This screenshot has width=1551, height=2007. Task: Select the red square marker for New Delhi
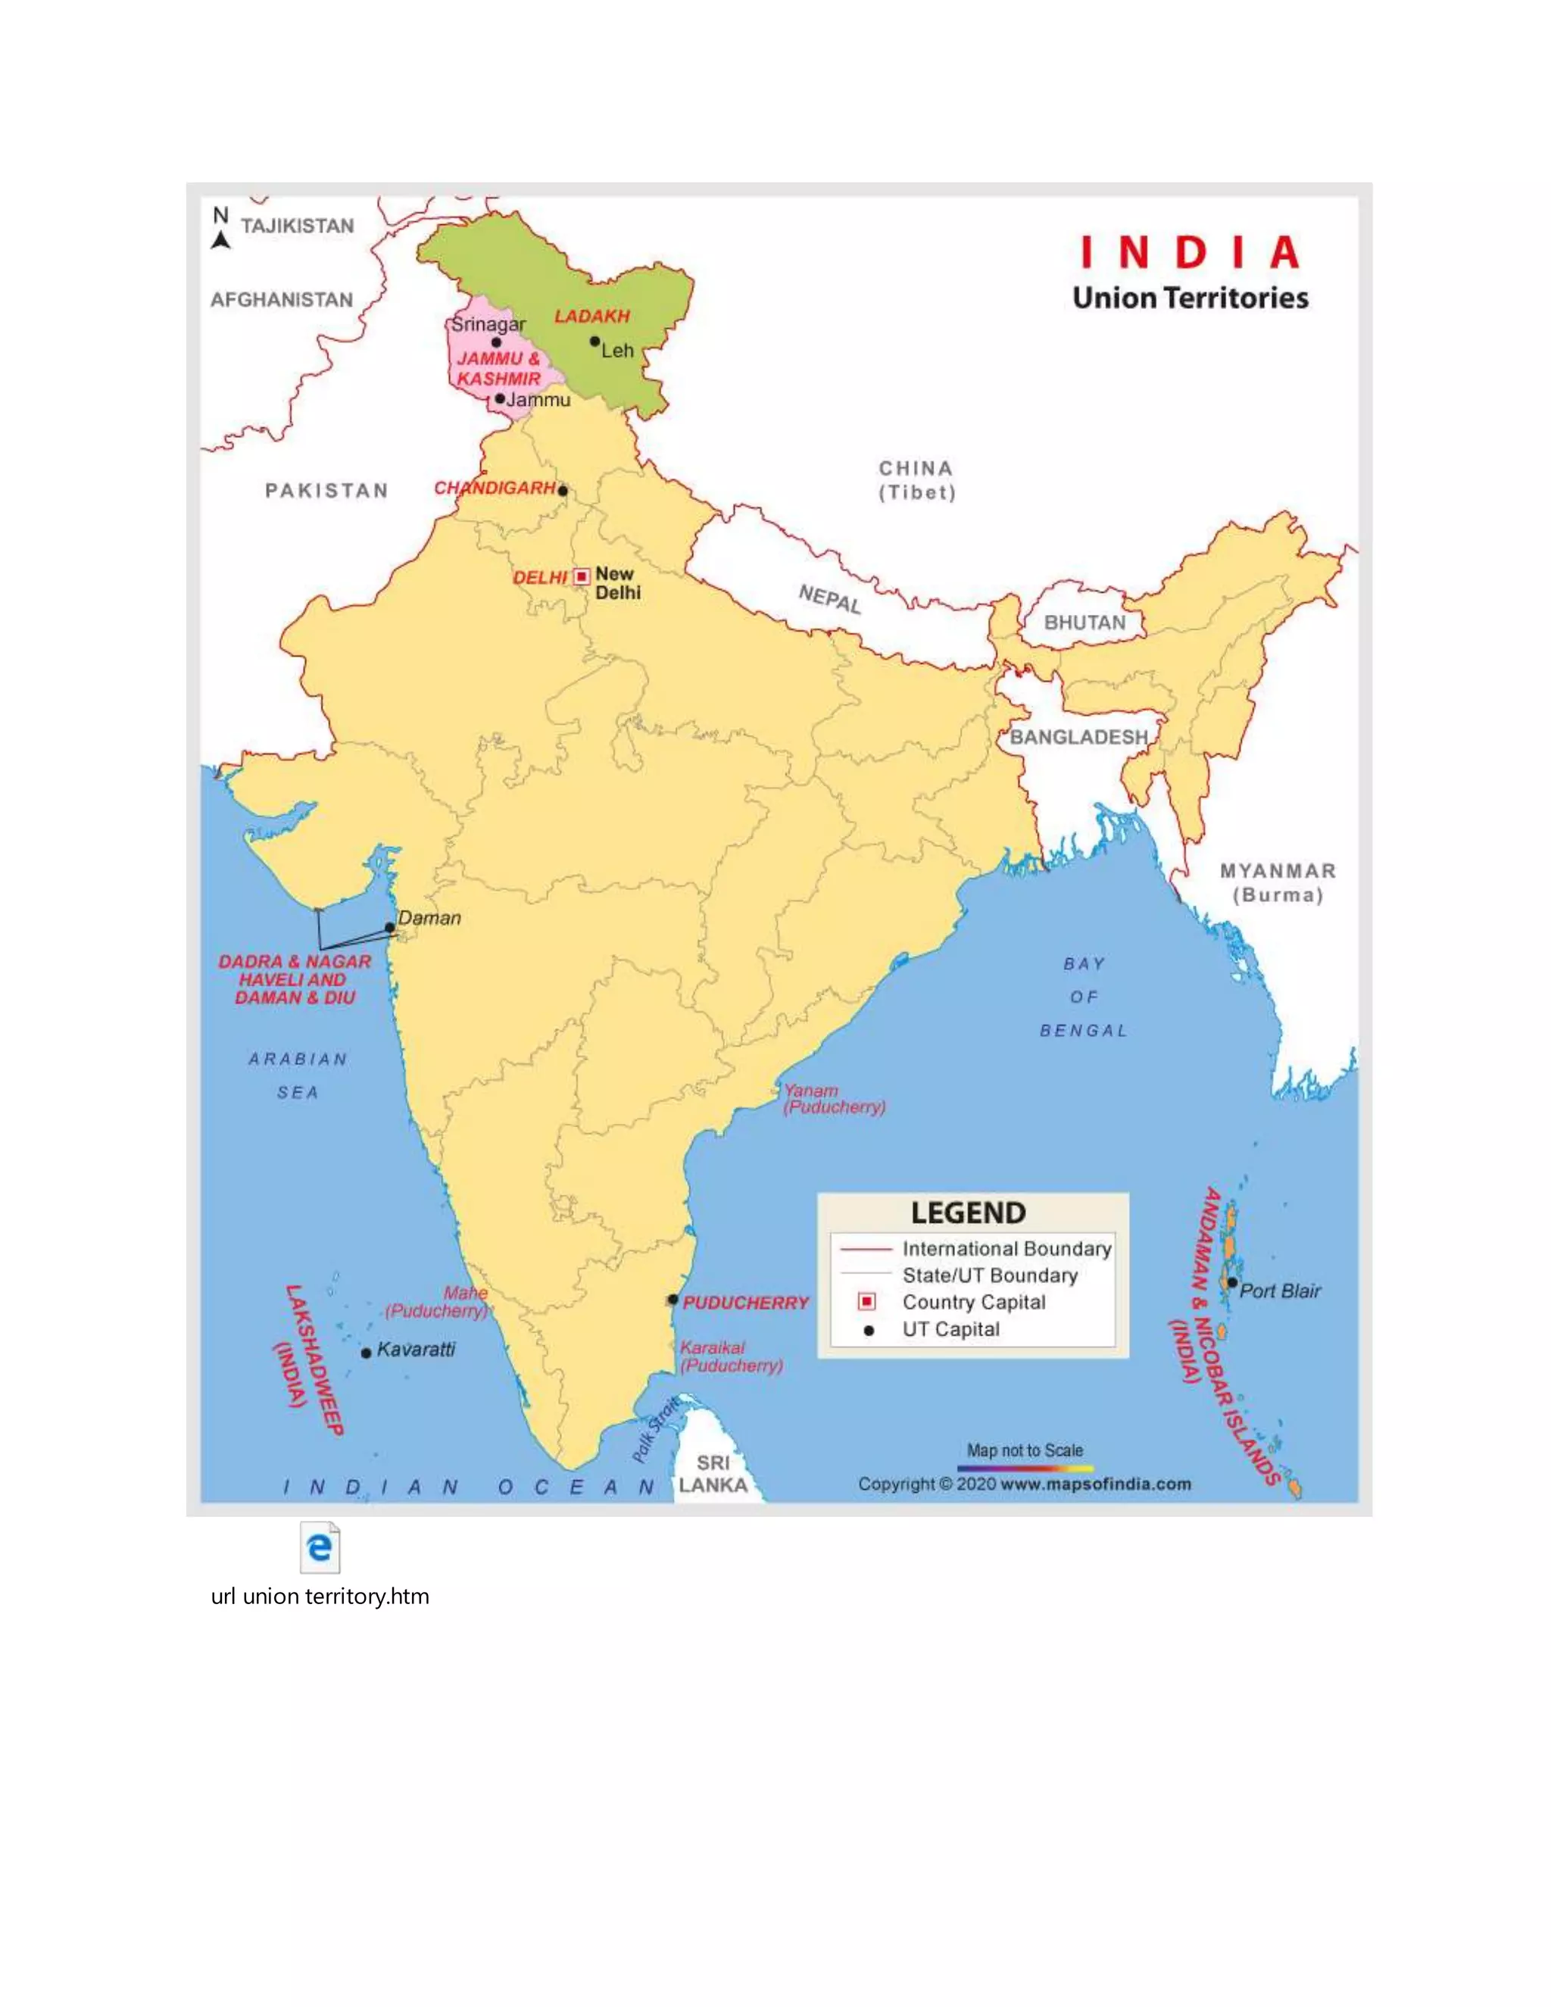coord(582,576)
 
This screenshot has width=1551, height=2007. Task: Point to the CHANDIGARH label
coord(495,488)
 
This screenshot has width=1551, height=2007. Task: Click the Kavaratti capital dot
coord(367,1353)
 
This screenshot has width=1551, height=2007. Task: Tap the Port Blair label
coord(1280,1291)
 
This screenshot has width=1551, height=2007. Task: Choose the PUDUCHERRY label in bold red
coord(745,1303)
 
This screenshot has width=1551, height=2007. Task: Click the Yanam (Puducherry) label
coord(833,1099)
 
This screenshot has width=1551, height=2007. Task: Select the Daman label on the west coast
coord(429,918)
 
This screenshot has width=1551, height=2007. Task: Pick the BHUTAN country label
coord(1084,623)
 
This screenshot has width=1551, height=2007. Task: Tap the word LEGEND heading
coord(969,1213)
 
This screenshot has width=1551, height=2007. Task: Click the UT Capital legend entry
coord(950,1330)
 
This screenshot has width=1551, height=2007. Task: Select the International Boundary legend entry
coord(1006,1249)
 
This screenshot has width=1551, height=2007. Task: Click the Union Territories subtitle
coord(1190,298)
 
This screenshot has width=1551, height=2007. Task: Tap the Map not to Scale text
coord(1025,1450)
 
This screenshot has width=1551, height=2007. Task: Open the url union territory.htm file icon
coord(320,1549)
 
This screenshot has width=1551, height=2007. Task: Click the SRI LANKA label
coord(713,1474)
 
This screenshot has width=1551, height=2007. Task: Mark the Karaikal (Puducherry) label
coord(731,1356)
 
